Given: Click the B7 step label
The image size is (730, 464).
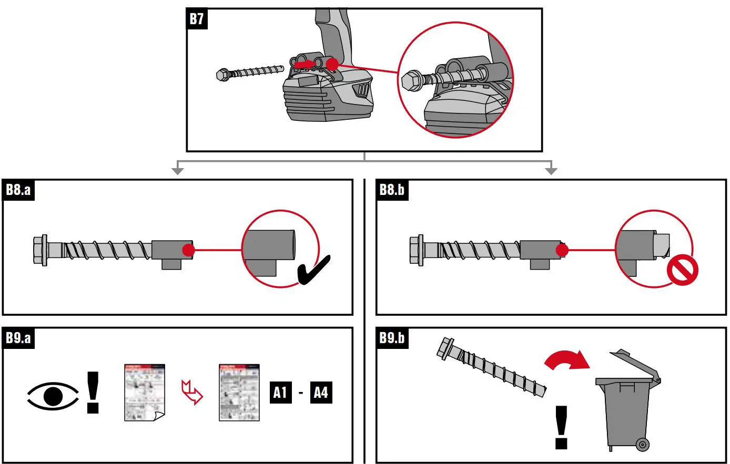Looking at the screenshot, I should point(197,19).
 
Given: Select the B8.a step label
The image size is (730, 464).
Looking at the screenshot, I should point(18,190).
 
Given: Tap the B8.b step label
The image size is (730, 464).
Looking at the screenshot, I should point(392,190).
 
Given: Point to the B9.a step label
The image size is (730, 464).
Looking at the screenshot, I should point(18,338).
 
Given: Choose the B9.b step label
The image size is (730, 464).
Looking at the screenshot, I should point(392,338).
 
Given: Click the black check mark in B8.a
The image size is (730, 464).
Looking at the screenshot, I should point(313,269).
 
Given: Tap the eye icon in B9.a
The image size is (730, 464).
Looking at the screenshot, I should point(53,395).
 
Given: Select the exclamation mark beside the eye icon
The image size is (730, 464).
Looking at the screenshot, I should point(93,392).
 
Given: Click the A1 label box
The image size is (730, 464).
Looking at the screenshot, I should point(280,392).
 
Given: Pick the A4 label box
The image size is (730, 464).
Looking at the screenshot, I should point(320,392).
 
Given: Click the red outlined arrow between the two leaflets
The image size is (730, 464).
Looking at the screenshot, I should point(191,392).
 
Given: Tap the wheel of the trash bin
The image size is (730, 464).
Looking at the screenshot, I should point(642,445).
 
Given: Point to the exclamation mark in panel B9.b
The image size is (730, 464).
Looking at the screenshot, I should point(561,427).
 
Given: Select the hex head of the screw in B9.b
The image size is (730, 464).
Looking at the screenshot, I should point(446,347).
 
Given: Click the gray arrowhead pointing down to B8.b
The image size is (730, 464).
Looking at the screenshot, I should point(551,170).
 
